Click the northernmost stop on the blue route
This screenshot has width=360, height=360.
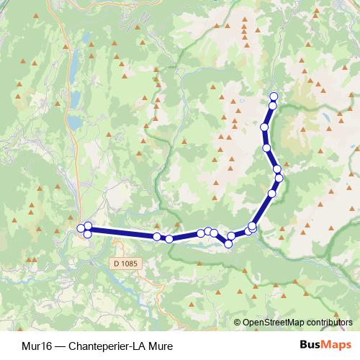click(x=274, y=96)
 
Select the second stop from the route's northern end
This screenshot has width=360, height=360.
click(x=273, y=106)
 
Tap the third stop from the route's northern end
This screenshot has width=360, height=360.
click(x=264, y=127)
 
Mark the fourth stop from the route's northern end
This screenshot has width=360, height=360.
click(x=267, y=148)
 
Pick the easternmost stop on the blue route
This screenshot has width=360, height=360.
click(x=279, y=178)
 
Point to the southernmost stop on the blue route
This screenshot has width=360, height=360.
click(x=228, y=244)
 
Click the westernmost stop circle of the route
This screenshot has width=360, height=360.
click(x=81, y=229)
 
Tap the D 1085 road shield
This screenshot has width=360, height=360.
click(x=124, y=264)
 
